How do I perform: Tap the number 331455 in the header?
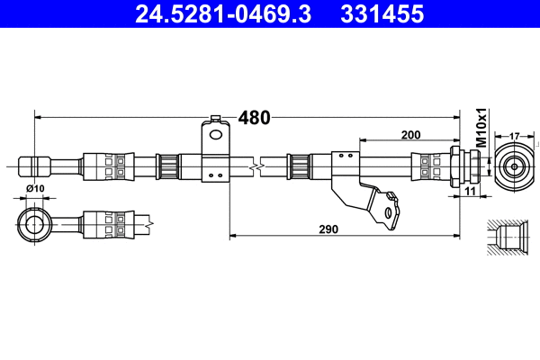pyautogui.click(x=381, y=14)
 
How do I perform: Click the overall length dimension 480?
pyautogui.click(x=254, y=118)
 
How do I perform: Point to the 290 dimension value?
pyautogui.click(x=328, y=229)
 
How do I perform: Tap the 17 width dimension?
pyautogui.click(x=514, y=135)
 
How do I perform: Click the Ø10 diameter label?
pyautogui.click(x=36, y=188)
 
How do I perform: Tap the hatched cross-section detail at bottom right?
pyautogui.click(x=509, y=239)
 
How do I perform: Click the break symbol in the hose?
pyautogui.click(x=259, y=166)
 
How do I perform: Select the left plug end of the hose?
pyautogui.click(x=34, y=166)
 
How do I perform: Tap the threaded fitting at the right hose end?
pyautogui.click(x=464, y=166)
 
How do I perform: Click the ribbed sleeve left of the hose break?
pyautogui.click(x=166, y=166)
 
